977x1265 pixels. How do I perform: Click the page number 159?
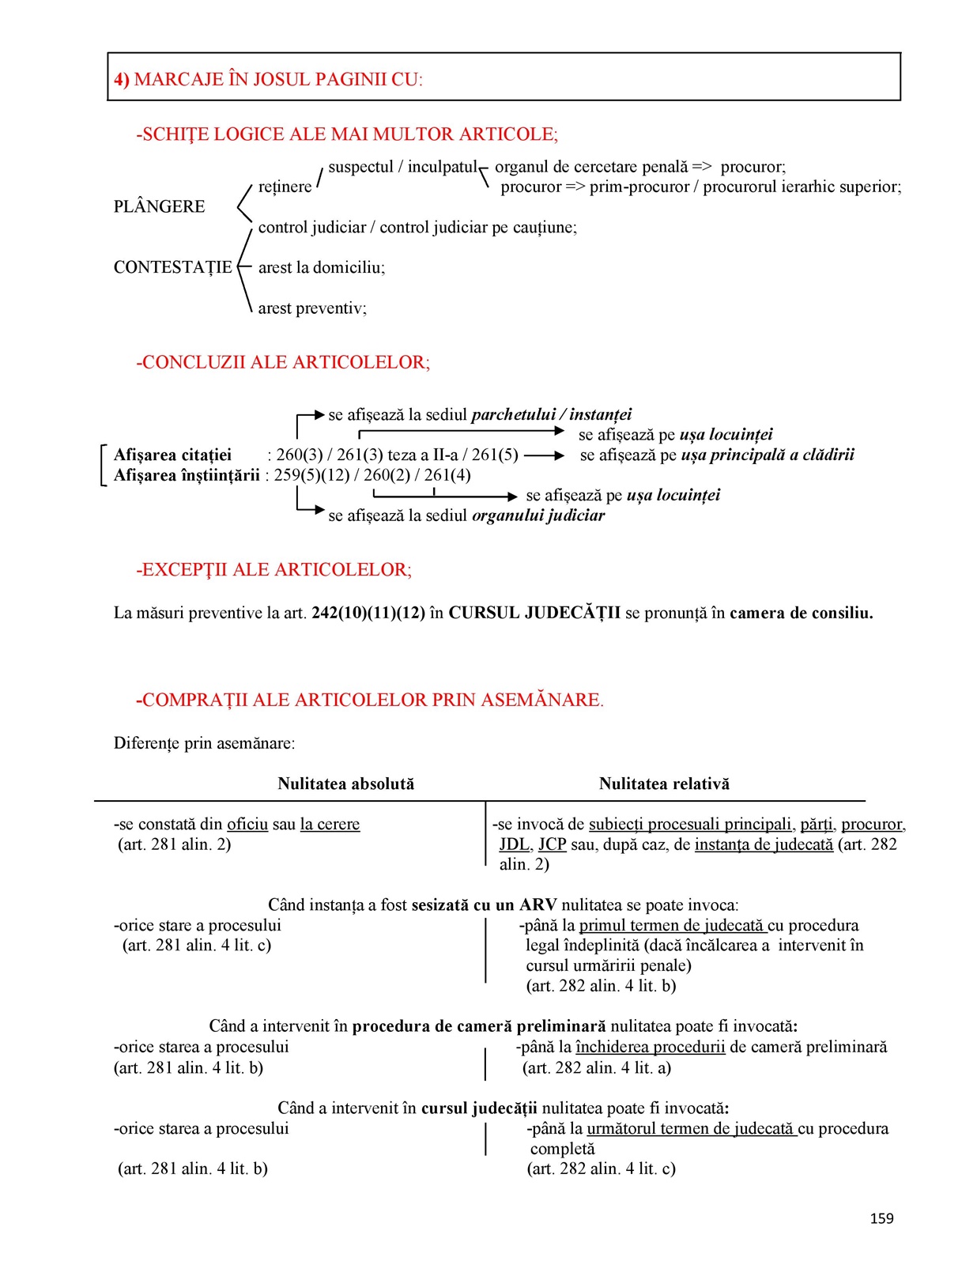tap(881, 1218)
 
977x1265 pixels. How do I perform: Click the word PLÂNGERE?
tap(159, 206)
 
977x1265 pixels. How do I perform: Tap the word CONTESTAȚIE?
tap(172, 267)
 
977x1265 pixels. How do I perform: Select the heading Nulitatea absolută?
tap(345, 784)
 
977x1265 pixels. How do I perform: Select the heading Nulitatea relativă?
tap(664, 784)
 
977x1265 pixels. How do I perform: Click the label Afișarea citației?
tap(172, 455)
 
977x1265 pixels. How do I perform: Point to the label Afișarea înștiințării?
tap(187, 475)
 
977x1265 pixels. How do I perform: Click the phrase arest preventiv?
tap(311, 308)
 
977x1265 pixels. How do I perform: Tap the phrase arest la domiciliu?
tap(321, 267)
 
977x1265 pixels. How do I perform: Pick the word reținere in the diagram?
tap(285, 187)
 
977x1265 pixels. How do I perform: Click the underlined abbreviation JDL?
tap(514, 844)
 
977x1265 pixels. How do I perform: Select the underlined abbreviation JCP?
tap(553, 844)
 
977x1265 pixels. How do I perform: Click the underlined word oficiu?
tap(247, 824)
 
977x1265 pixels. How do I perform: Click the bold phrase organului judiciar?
tap(538, 515)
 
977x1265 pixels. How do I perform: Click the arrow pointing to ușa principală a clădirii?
tap(545, 455)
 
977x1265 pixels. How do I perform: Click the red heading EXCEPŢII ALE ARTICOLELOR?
tap(273, 570)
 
